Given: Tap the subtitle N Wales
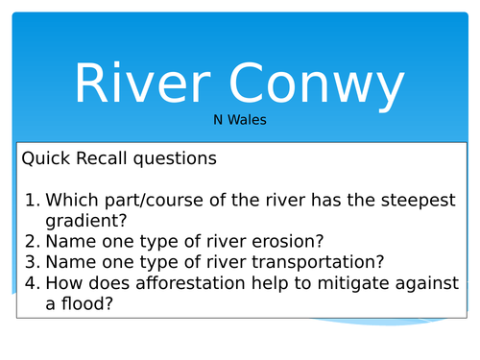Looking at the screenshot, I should click(x=239, y=122).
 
